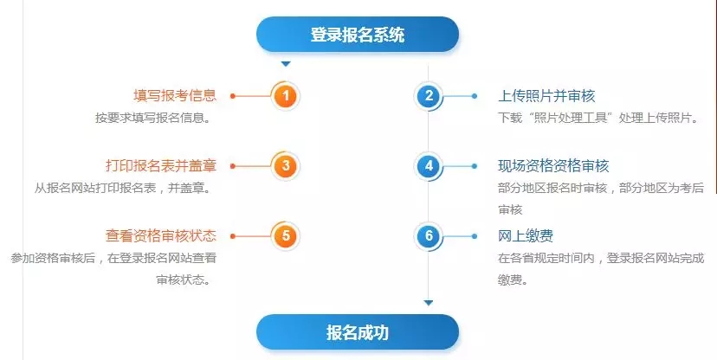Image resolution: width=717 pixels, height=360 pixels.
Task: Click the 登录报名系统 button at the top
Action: tap(357, 35)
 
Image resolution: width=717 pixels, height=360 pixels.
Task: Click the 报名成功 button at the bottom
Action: tap(357, 332)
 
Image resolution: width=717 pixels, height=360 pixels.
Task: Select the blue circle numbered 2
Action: tap(428, 95)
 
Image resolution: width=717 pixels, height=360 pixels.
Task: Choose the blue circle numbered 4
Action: tap(428, 165)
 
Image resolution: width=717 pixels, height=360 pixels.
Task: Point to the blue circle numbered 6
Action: tap(428, 235)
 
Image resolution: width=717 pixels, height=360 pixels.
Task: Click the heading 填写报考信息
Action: tap(174, 95)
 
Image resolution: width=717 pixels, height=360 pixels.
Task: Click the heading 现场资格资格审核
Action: tap(553, 165)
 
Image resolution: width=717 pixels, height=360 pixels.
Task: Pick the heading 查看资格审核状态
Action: tap(160, 235)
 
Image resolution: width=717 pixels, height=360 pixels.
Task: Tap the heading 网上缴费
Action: tap(526, 235)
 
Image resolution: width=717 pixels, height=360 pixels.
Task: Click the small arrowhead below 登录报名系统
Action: tap(286, 64)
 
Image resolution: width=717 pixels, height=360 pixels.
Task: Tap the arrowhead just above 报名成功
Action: tap(428, 303)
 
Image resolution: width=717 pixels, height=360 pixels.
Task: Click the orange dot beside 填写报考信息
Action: tap(233, 95)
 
